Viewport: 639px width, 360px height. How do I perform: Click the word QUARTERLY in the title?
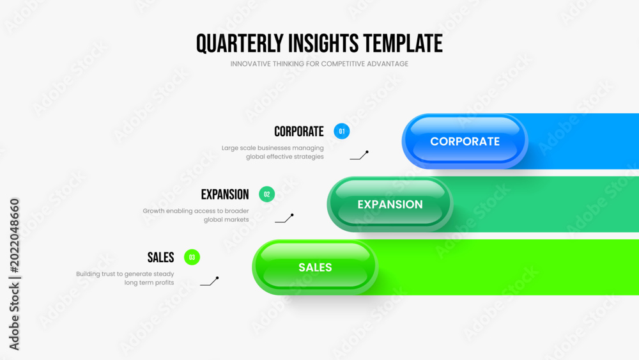pyautogui.click(x=240, y=44)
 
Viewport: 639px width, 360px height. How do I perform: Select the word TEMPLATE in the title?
pyautogui.click(x=403, y=43)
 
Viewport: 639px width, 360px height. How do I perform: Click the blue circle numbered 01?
pyautogui.click(x=341, y=131)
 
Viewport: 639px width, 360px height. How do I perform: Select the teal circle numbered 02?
pyautogui.click(x=267, y=194)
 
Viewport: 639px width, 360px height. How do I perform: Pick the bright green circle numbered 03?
pyautogui.click(x=192, y=257)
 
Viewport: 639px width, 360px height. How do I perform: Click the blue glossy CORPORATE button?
pyautogui.click(x=465, y=141)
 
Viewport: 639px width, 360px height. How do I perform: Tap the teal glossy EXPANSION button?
pyautogui.click(x=390, y=204)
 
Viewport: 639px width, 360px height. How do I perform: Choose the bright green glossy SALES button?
pyautogui.click(x=315, y=267)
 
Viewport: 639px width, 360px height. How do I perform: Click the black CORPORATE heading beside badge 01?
pyautogui.click(x=298, y=132)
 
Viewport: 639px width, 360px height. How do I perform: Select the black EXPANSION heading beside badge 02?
pyautogui.click(x=224, y=194)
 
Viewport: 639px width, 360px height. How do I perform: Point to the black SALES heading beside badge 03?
pyautogui.click(x=160, y=258)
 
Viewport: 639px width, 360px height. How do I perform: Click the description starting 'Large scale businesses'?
pyautogui.click(x=273, y=152)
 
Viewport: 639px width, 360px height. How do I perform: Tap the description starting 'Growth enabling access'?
pyautogui.click(x=196, y=215)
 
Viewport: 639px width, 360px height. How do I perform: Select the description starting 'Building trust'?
pyautogui.click(x=125, y=278)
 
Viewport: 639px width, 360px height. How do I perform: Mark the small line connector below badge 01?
pyautogui.click(x=359, y=156)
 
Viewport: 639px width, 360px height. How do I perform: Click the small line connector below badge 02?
pyautogui.click(x=284, y=219)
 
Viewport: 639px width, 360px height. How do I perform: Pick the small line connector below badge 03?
pyautogui.click(x=210, y=281)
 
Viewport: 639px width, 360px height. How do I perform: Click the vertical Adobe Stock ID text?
pyautogui.click(x=14, y=274)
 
